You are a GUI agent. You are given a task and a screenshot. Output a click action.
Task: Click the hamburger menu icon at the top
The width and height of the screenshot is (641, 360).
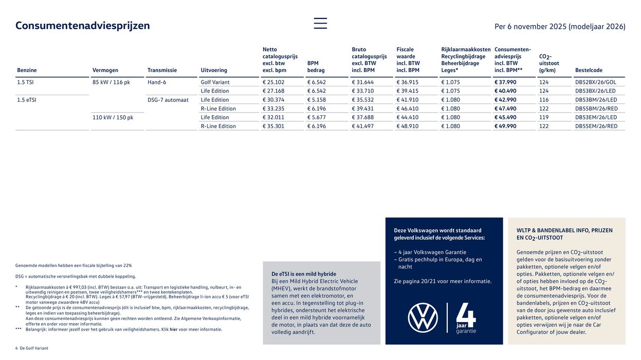(320, 23)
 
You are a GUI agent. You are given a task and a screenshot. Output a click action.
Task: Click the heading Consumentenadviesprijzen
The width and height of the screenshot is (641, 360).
(83, 26)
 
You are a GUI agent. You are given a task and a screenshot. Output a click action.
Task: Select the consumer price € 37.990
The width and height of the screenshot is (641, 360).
(505, 82)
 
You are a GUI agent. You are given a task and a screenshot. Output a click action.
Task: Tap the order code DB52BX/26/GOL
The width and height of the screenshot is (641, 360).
(596, 82)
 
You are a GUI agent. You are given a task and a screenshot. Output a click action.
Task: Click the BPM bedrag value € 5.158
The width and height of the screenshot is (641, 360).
(317, 100)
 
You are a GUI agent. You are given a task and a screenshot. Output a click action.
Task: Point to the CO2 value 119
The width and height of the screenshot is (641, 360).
(544, 117)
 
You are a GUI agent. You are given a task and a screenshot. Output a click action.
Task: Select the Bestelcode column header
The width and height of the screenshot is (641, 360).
(589, 70)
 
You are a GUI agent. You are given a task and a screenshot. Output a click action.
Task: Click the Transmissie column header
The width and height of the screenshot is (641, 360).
(162, 70)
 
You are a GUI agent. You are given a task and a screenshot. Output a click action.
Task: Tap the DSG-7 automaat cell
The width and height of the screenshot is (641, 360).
(168, 100)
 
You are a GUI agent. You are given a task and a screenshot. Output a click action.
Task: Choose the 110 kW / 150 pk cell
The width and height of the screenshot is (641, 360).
(113, 117)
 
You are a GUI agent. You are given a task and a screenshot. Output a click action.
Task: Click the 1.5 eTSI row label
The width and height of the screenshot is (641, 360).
(27, 100)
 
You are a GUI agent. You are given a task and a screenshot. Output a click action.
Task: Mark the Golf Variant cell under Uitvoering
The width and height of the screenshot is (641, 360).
(215, 82)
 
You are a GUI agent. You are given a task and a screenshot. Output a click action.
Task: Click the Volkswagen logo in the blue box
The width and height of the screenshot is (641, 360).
(423, 318)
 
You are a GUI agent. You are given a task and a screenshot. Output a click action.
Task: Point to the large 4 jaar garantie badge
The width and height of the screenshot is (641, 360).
(466, 318)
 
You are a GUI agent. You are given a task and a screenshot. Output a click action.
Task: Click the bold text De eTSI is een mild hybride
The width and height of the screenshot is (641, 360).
(304, 274)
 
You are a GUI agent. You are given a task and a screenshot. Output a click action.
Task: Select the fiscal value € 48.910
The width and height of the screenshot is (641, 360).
(408, 127)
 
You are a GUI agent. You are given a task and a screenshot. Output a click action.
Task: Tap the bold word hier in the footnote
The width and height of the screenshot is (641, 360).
(174, 330)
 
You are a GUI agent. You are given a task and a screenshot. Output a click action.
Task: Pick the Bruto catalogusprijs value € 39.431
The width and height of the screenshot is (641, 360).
(363, 109)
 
